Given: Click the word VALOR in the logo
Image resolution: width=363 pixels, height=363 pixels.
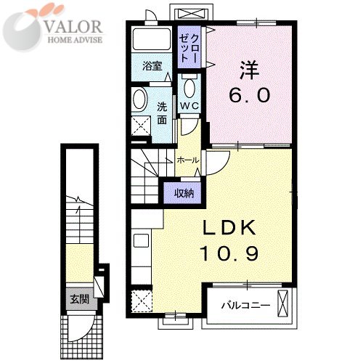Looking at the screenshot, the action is point(73,27).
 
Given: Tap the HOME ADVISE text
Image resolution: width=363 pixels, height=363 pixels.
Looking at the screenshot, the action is point(75,40).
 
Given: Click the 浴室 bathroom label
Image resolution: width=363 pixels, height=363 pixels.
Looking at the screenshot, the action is point(152,66).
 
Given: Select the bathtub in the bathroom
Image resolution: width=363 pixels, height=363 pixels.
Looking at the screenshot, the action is point(152,39).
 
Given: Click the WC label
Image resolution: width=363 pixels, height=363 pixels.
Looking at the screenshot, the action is point(190,105).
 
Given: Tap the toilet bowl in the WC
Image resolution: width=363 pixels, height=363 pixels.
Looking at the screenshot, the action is point(189,87).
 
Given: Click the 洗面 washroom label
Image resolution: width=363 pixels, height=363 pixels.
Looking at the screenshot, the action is point(162,113).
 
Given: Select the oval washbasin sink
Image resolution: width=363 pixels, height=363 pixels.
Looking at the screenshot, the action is point(140,100).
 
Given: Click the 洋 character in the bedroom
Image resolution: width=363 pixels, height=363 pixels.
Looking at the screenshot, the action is point(249,70).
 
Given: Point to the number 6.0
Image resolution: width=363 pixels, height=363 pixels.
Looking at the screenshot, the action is point(249,95).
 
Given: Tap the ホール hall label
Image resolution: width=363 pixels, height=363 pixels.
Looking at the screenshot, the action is point(188,160).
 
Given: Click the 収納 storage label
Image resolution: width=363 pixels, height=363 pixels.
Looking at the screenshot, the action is point(184,193).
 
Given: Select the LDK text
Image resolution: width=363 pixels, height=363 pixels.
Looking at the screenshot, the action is point(229,227).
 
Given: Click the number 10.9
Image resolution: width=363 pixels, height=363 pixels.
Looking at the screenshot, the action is point(229,253).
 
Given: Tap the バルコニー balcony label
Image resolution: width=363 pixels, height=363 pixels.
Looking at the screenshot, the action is point(245,306).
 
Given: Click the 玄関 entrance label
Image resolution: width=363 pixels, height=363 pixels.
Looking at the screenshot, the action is point(79,299).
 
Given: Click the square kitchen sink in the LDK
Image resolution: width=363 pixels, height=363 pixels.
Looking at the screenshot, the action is point(141,240).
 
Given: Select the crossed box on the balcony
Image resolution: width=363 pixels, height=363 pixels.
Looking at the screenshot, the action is point(282,303).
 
